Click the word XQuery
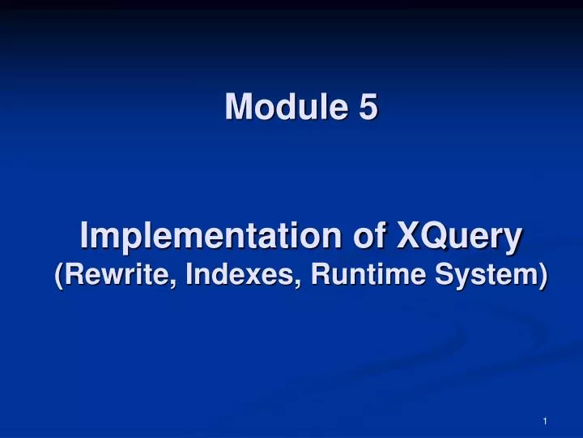(x=459, y=238)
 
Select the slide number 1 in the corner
(x=546, y=421)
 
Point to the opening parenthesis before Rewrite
(x=59, y=276)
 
